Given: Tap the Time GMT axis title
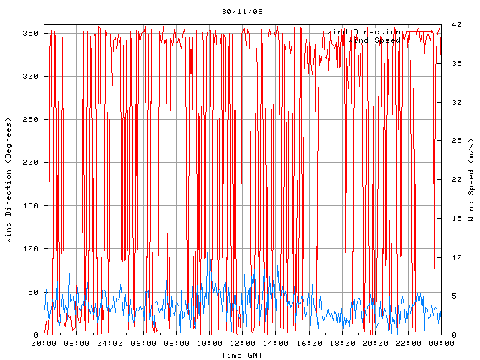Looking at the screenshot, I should (x=241, y=355).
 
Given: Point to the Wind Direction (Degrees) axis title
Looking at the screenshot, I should (x=9, y=180).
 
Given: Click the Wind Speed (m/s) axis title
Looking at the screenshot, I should (x=471, y=180).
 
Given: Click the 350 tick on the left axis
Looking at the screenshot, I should (x=30, y=33).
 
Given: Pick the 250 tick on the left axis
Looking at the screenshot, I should (x=30, y=119).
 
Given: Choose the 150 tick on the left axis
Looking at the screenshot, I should (x=30, y=205).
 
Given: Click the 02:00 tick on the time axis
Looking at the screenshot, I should (x=77, y=343).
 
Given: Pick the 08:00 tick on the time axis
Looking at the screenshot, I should (x=176, y=343).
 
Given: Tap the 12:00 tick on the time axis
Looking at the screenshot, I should (x=242, y=343).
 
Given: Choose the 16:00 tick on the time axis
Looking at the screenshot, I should (x=308, y=343).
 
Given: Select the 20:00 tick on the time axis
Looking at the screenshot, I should (x=374, y=343).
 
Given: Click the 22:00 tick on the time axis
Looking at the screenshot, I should (x=407, y=343).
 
